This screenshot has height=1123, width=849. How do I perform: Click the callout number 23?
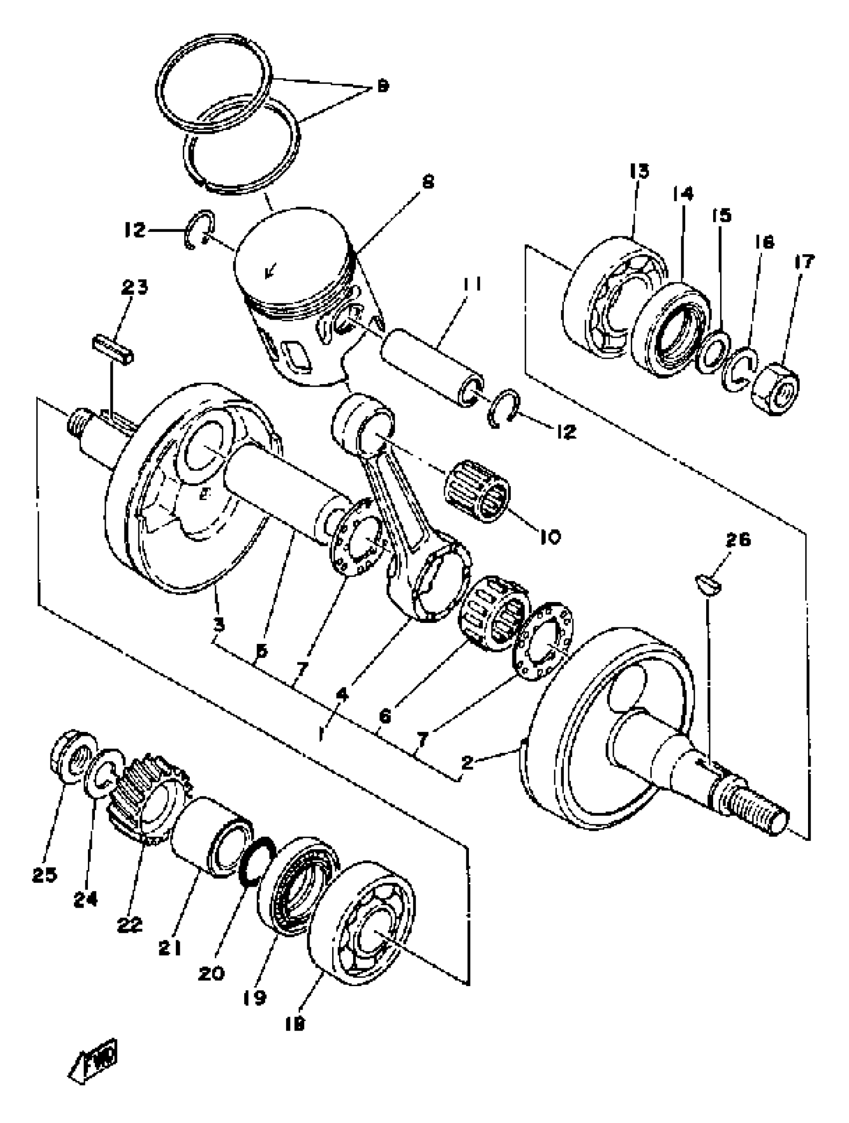point(134,288)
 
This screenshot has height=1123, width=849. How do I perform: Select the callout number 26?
point(738,540)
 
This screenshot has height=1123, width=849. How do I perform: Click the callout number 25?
point(44,874)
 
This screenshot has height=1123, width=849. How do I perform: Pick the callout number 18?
point(295,1024)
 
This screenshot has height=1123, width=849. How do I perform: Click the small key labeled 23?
point(113,348)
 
